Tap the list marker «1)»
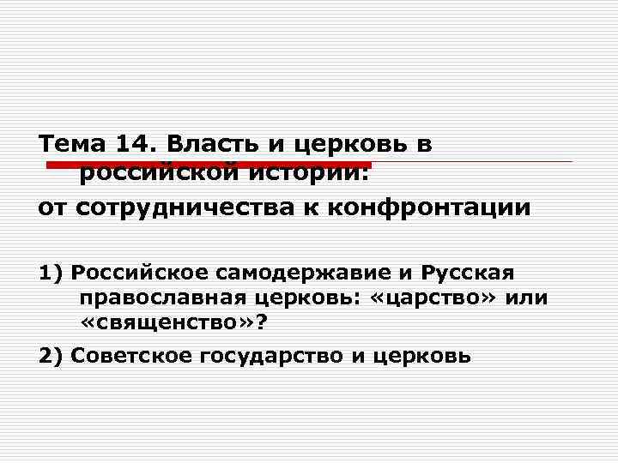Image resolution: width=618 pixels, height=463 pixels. tap(51, 274)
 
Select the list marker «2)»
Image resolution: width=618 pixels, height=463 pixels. tap(51, 355)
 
